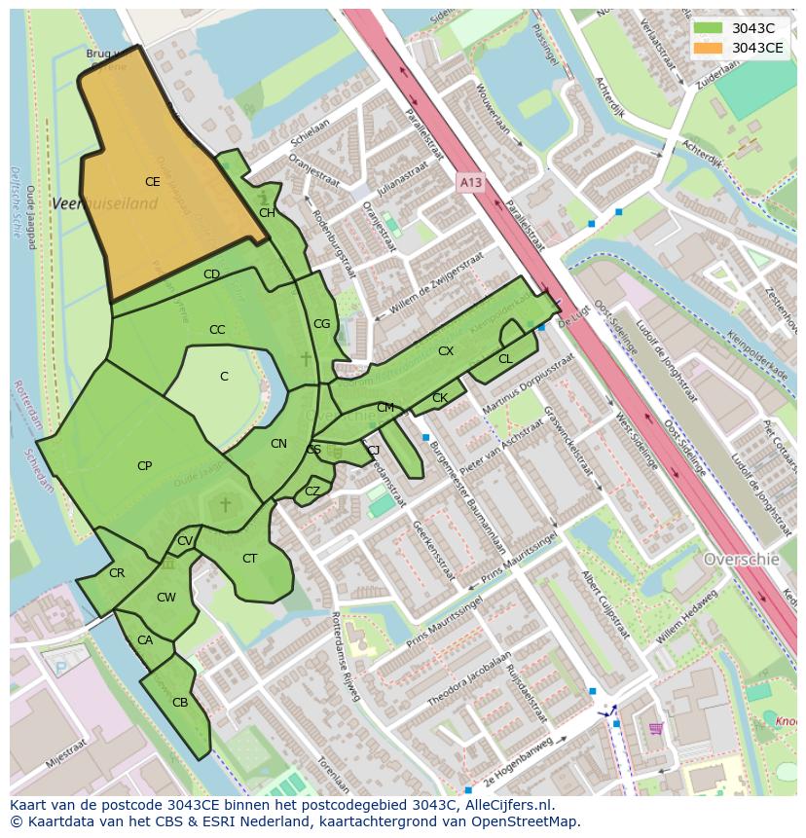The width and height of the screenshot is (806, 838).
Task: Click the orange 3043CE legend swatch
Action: (x=708, y=48)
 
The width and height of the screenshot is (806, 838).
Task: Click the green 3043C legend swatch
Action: (x=708, y=28)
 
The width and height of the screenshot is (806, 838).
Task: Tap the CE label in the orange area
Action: (x=153, y=182)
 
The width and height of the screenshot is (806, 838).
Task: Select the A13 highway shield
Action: (x=470, y=182)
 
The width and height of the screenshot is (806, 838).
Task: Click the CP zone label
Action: (x=144, y=466)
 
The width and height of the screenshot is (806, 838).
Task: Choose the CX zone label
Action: (x=446, y=351)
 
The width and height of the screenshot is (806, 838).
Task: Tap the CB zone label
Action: (x=180, y=703)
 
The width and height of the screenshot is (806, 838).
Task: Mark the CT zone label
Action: (x=249, y=559)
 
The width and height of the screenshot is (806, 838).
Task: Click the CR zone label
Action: (x=117, y=573)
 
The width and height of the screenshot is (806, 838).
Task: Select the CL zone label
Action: (x=505, y=359)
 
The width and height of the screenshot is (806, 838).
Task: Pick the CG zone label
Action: (x=321, y=324)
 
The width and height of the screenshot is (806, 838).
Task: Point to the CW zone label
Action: (x=166, y=598)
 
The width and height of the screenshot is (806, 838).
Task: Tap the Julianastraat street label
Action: (x=402, y=181)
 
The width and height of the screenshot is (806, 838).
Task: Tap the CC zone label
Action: (x=217, y=330)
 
